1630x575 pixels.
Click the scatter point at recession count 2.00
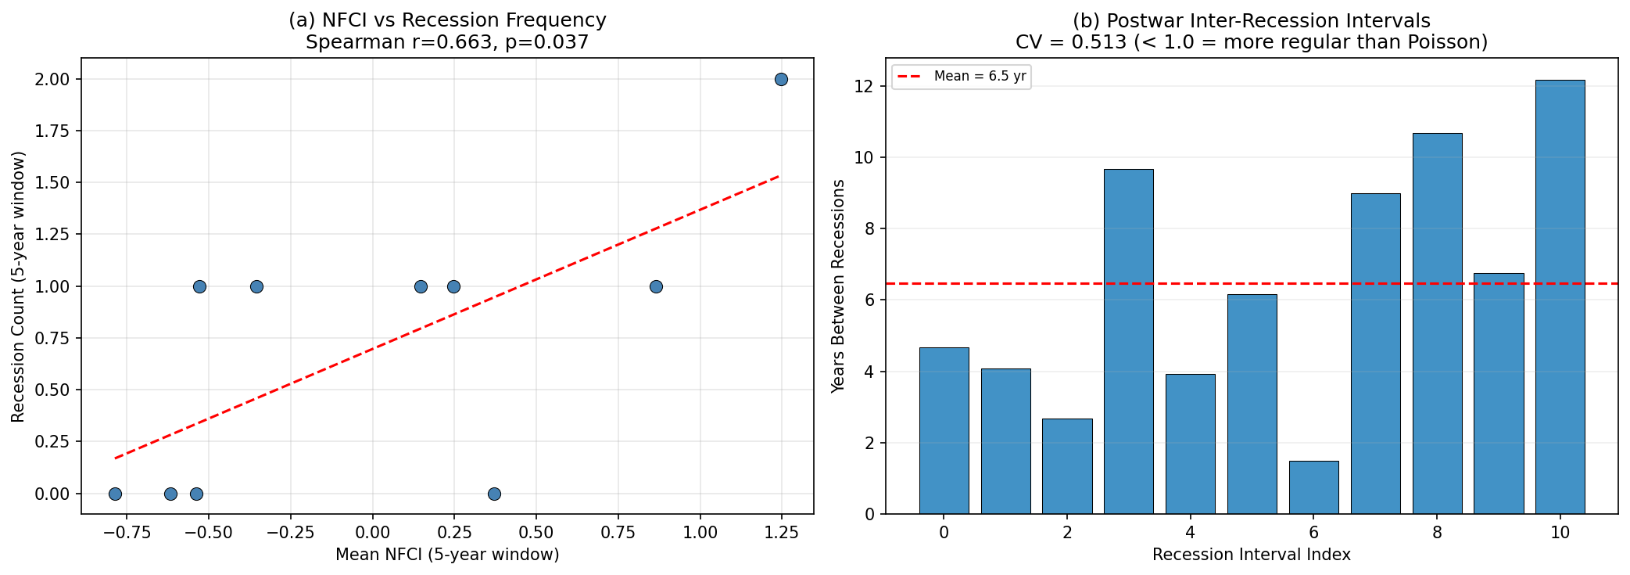[780, 79]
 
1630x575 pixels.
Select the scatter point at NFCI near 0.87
[656, 286]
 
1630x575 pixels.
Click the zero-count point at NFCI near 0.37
[494, 494]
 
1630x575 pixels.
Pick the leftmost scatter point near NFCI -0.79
[115, 494]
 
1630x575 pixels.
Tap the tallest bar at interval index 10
[1560, 297]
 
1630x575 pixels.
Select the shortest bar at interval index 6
[1313, 487]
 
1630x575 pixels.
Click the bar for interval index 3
[1128, 342]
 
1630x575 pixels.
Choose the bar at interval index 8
[1437, 324]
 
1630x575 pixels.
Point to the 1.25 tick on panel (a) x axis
[780, 533]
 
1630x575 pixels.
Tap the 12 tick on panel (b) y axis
[862, 87]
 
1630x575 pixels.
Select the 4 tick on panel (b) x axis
[1190, 533]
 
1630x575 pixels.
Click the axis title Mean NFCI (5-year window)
[447, 555]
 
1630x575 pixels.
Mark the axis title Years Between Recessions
[838, 286]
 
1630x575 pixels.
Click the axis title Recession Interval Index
[1251, 555]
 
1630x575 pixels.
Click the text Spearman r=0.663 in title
[399, 42]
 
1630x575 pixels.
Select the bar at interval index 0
[944, 431]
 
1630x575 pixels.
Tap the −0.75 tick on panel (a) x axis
[127, 533]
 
